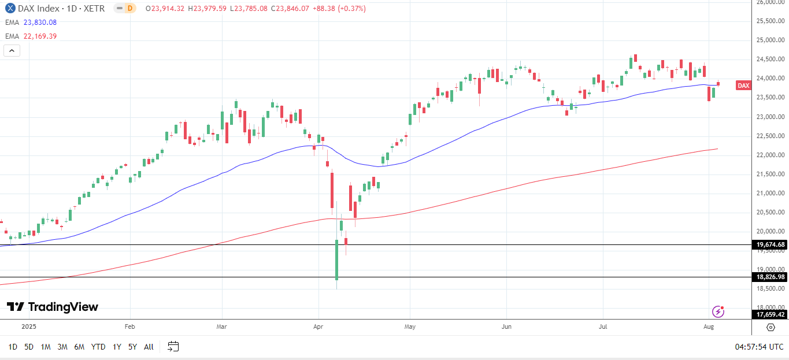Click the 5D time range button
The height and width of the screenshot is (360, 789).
(29, 347)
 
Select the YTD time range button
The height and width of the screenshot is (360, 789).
(98, 347)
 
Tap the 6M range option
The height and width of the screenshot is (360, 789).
(79, 347)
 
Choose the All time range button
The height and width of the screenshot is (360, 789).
(149, 347)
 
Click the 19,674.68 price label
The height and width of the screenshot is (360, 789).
(771, 244)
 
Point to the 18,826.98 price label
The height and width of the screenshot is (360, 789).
(771, 277)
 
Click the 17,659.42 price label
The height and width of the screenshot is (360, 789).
(771, 314)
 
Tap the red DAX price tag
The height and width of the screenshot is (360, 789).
(743, 86)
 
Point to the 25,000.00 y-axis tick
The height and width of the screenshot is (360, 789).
(771, 40)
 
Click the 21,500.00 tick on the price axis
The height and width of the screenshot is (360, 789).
(771, 174)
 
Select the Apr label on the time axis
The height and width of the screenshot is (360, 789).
(318, 326)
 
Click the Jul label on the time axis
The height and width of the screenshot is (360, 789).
(602, 326)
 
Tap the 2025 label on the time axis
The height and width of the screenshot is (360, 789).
(29, 326)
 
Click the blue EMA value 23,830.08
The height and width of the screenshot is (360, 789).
(40, 22)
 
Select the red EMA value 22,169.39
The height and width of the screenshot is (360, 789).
(40, 36)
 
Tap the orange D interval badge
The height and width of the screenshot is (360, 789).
(129, 8)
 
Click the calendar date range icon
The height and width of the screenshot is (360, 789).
(173, 347)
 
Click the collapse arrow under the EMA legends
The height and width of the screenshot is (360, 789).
(12, 51)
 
